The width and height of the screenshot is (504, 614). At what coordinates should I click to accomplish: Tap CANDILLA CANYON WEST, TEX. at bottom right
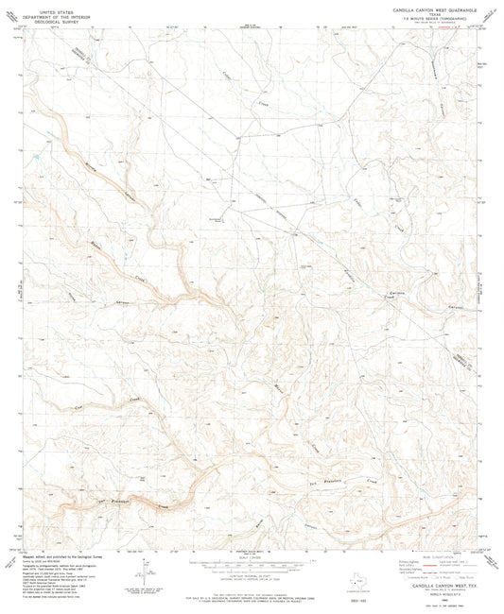click(425, 586)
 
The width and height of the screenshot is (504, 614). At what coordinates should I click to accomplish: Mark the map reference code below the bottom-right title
click(425, 591)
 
